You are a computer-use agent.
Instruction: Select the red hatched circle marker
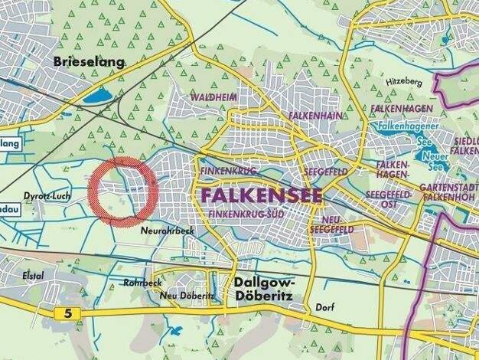click(123, 191)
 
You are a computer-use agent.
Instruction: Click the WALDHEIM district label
click(214, 97)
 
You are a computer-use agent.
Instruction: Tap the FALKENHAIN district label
click(314, 114)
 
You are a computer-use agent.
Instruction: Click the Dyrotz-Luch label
click(47, 198)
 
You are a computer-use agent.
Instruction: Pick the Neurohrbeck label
click(168, 230)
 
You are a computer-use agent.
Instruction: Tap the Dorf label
click(324, 307)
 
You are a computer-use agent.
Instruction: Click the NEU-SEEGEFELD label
click(331, 224)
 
